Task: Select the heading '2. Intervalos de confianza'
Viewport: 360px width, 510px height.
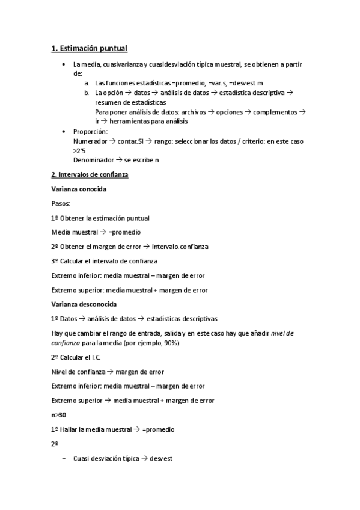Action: point(90,174)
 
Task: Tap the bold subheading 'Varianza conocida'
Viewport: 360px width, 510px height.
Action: point(79,189)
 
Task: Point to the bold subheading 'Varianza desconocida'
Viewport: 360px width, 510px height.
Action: point(84,304)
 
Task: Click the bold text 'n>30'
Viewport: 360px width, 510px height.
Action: point(59,415)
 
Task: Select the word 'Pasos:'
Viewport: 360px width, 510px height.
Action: point(61,203)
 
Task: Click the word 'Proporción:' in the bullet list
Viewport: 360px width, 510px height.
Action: point(91,131)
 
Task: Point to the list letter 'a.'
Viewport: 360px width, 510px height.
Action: point(87,83)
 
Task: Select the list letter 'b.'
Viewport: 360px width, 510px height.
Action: point(87,93)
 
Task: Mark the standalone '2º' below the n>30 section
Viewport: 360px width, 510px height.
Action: point(55,444)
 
